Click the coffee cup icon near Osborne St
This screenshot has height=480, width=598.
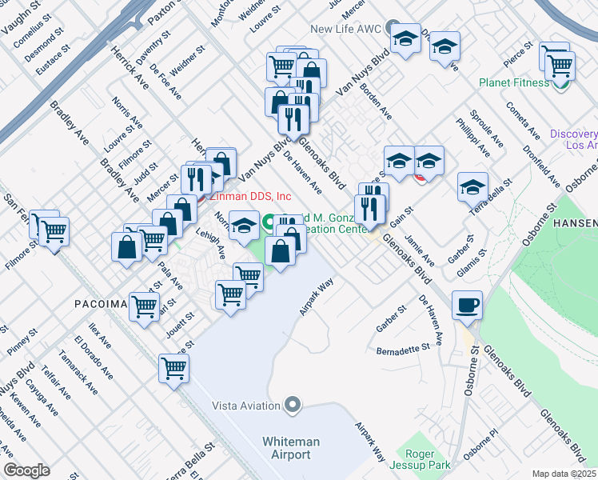click(467, 305)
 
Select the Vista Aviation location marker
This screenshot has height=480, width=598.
click(293, 405)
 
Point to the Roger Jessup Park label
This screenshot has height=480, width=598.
click(420, 458)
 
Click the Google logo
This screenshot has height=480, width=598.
click(26, 470)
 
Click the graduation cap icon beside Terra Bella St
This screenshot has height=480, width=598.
click(472, 187)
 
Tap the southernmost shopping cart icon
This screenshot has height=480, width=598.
click(173, 369)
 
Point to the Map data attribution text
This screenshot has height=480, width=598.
click(563, 473)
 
